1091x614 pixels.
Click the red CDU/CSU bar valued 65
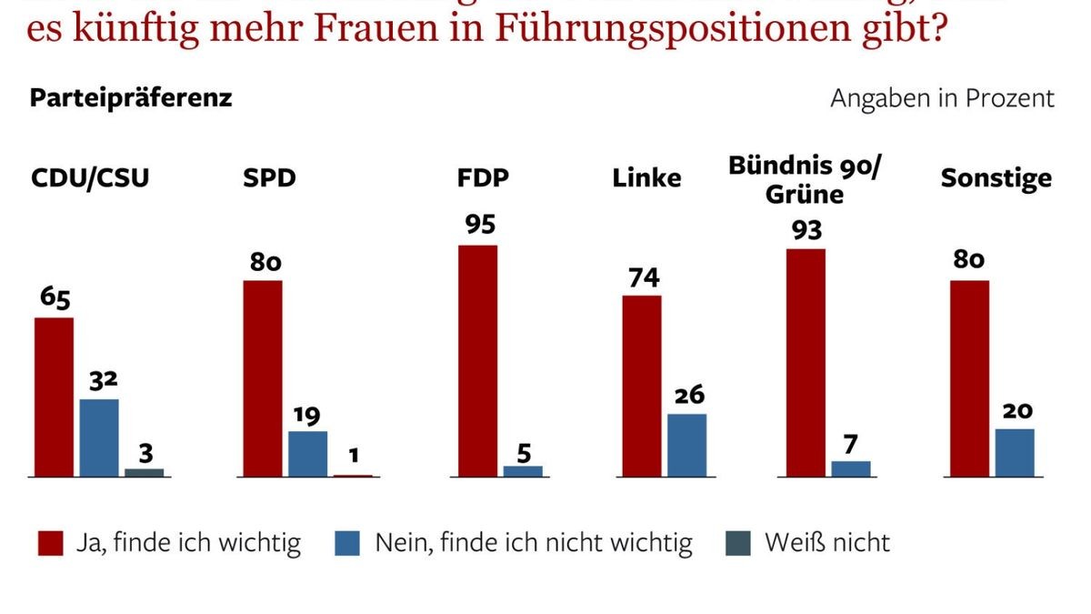[54, 397]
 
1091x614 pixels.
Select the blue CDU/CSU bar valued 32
[99, 438]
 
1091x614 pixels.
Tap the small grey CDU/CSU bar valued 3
[144, 472]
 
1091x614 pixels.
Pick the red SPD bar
[263, 378]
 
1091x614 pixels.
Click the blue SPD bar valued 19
[307, 453]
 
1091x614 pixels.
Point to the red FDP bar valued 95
[477, 360]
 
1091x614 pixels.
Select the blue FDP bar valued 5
[523, 471]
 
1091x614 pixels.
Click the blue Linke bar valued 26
[686, 445]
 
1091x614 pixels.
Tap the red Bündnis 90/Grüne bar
[806, 362]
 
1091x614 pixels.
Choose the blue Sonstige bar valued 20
[1015, 452]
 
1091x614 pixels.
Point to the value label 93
[806, 230]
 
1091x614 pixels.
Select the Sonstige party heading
[996, 177]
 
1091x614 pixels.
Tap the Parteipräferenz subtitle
[131, 98]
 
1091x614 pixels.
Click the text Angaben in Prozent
[942, 98]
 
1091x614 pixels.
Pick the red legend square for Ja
[50, 544]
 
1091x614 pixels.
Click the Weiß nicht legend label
[827, 544]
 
